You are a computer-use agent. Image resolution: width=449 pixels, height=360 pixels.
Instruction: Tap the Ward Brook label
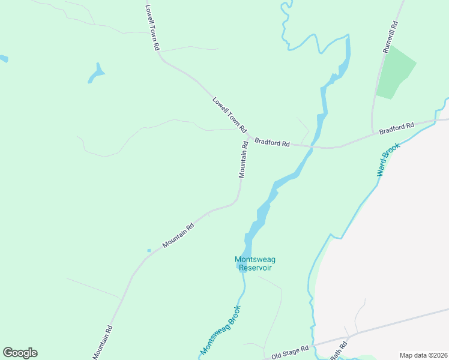tap(388, 159)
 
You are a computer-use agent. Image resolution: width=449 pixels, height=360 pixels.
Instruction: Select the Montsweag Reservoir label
tap(255, 263)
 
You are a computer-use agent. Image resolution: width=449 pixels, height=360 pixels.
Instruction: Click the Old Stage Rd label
tap(289, 353)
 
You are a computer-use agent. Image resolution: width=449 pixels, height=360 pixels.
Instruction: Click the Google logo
tap(20, 353)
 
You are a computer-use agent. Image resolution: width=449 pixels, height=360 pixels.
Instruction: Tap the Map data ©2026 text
tap(423, 355)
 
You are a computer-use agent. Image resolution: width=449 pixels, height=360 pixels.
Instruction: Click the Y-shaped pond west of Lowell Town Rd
tap(96, 73)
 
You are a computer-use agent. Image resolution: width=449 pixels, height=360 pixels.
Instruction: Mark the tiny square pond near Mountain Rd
tap(149, 250)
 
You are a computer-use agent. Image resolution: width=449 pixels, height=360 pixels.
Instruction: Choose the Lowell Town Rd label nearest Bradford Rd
tap(230, 115)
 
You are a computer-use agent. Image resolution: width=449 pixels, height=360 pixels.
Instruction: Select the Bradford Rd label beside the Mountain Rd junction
tap(272, 143)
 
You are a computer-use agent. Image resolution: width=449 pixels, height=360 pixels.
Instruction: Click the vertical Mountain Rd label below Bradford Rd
tap(244, 160)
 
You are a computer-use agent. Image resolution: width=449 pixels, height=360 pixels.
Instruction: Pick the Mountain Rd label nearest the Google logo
tap(103, 343)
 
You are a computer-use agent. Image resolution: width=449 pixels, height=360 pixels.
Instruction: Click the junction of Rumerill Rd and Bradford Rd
tap(373, 133)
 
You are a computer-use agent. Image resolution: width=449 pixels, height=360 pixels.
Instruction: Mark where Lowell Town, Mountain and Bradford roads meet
tap(248, 137)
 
